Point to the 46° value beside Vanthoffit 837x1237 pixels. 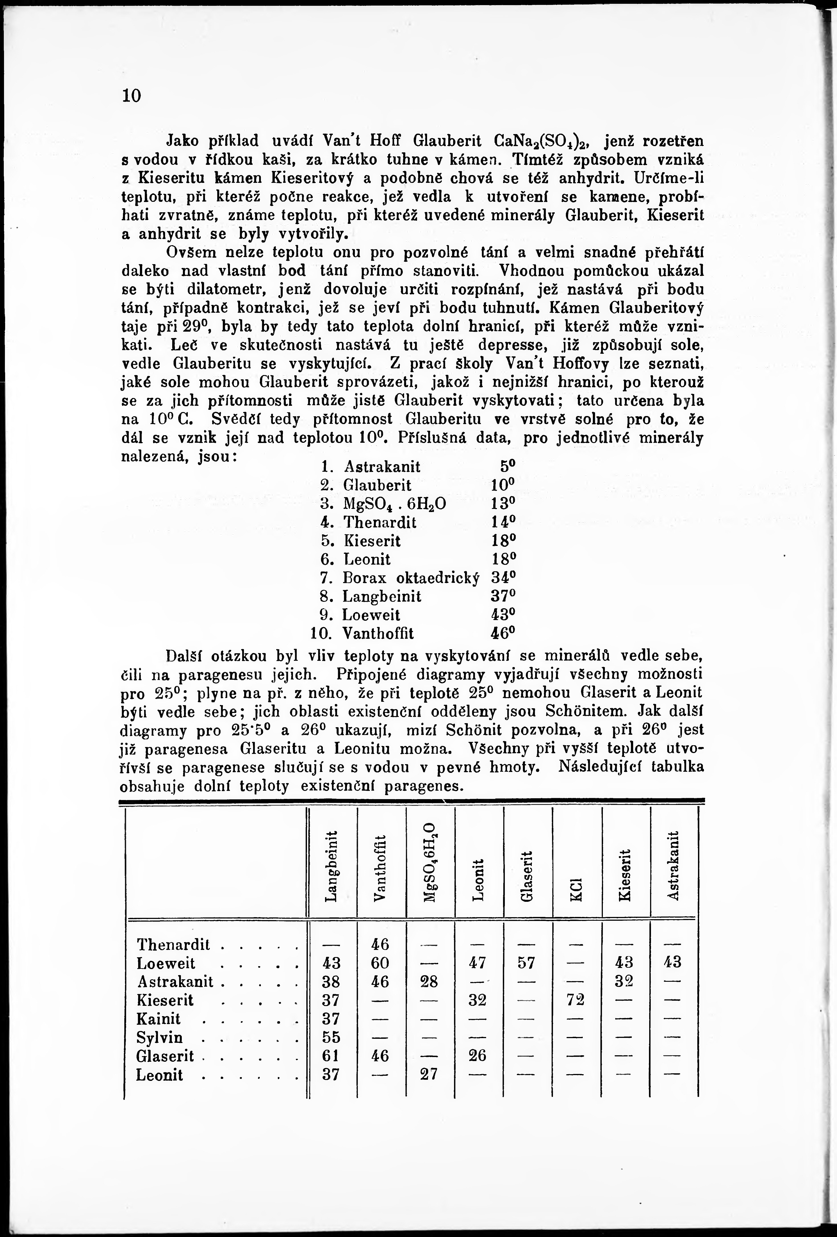503,633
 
